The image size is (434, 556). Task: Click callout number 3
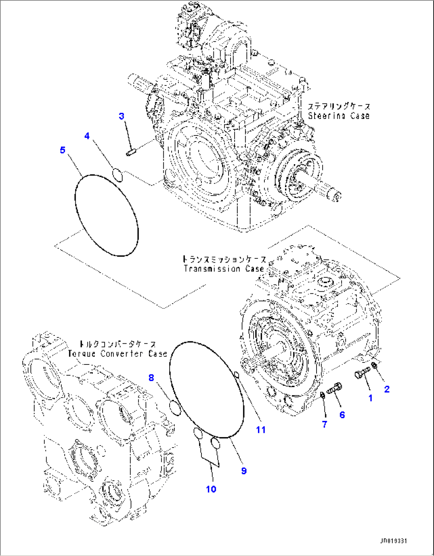coord(121,116)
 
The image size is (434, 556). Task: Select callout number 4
coord(87,136)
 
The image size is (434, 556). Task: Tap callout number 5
coord(63,150)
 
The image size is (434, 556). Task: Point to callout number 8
coord(151,378)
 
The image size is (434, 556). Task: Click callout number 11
coord(261,430)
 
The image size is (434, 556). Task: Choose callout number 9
coord(244,471)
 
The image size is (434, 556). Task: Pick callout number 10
coord(211,489)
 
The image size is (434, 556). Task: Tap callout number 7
coord(325,424)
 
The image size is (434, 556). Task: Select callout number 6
coord(342,415)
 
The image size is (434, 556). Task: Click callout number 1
coord(370,398)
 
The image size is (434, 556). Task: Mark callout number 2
coord(387,389)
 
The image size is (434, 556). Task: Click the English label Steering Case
coord(338,116)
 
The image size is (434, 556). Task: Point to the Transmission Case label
coord(224,269)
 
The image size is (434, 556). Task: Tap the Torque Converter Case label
coord(117,354)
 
